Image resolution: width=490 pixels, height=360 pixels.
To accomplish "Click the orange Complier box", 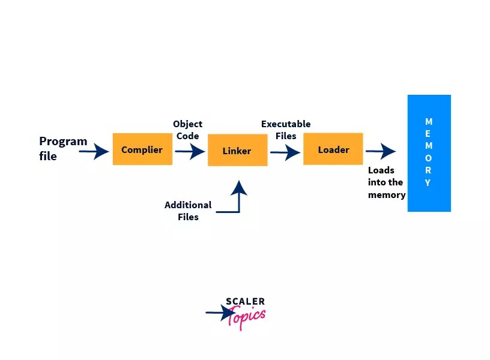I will click(x=142, y=149).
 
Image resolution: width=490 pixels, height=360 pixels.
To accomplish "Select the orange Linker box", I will click(x=237, y=150).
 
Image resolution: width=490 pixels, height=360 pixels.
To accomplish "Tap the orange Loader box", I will click(x=333, y=149).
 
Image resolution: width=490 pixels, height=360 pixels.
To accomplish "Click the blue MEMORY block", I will click(x=429, y=153).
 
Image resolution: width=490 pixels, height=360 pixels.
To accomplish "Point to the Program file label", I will click(x=63, y=149).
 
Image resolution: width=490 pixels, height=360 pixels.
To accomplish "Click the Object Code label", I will click(x=187, y=130).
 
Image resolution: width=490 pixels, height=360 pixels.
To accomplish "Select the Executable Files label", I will click(x=286, y=130).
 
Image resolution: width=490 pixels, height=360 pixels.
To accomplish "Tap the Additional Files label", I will click(x=188, y=211).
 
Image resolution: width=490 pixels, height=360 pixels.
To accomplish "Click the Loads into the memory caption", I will click(x=386, y=182).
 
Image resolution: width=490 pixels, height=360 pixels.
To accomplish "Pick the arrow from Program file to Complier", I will click(x=94, y=152).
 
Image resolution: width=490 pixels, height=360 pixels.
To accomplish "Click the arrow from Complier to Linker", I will click(x=190, y=151).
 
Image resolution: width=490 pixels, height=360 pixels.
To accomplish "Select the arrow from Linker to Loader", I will click(x=285, y=152).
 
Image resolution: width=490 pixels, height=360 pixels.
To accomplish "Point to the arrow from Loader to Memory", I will click(x=381, y=151).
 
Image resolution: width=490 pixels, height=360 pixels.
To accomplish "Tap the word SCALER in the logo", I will click(x=245, y=302).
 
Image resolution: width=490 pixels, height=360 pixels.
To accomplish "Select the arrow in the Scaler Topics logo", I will click(x=220, y=313).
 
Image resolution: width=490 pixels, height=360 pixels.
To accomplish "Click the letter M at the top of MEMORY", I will click(x=429, y=122).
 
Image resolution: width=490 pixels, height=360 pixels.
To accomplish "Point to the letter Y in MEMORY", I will click(x=428, y=183).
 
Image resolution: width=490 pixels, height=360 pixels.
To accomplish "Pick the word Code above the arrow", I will click(x=187, y=136).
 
